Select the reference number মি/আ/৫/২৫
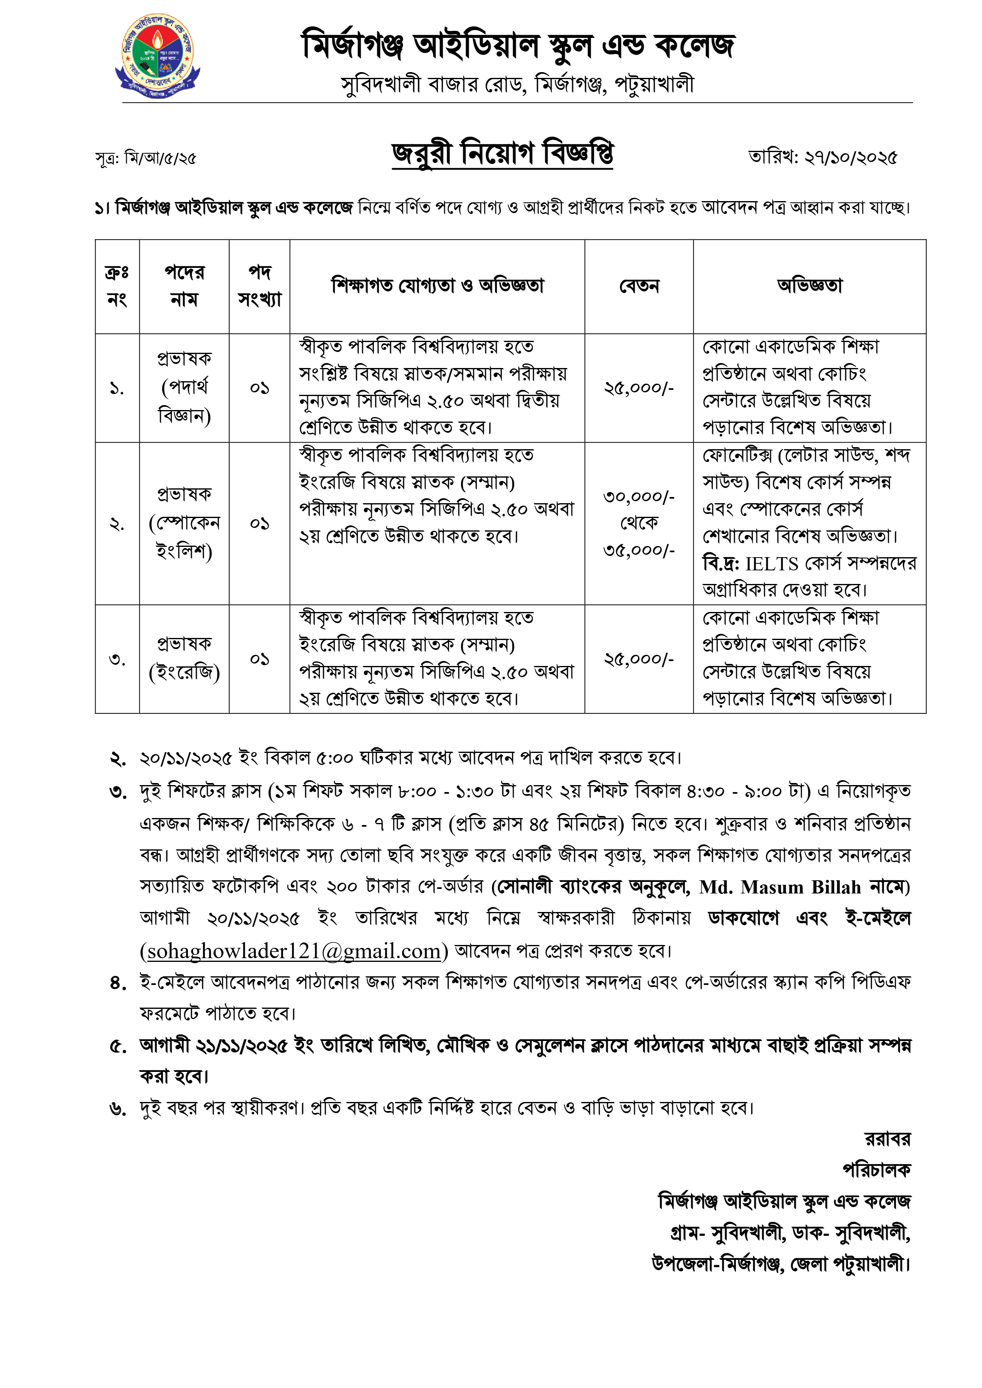click(x=160, y=158)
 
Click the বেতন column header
click(x=639, y=286)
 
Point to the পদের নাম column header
click(x=184, y=286)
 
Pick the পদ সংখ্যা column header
click(x=259, y=286)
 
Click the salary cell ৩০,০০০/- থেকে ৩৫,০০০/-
click(x=639, y=523)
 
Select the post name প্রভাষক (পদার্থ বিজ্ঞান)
click(x=184, y=387)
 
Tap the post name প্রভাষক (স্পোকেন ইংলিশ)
click(x=184, y=523)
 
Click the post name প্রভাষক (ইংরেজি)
click(x=184, y=658)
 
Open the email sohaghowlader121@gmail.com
click(x=294, y=951)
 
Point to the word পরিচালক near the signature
click(x=877, y=1170)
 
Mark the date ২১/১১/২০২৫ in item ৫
click(x=240, y=1045)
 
